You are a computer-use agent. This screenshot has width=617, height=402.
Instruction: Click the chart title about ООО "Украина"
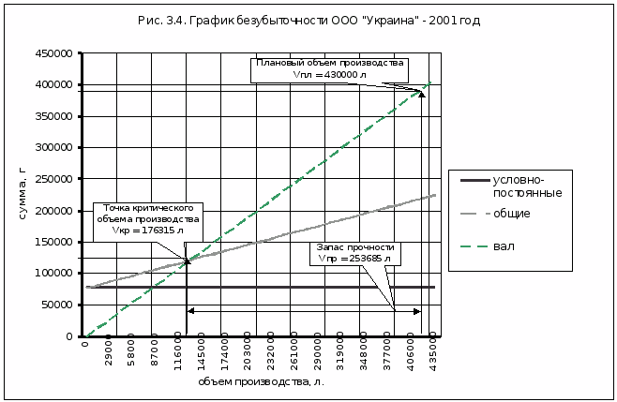(308, 20)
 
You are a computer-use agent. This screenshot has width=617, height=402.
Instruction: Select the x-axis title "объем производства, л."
(262, 381)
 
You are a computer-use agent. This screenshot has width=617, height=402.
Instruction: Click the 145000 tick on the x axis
(200, 354)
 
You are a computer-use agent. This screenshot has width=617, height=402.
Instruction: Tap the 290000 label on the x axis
(317, 354)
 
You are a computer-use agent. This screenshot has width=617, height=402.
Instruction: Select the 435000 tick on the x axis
(433, 354)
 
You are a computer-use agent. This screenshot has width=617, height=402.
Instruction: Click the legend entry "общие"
(512, 214)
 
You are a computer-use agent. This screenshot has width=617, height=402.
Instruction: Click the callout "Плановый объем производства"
(329, 68)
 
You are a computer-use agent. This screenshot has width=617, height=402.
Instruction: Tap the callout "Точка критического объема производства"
(147, 217)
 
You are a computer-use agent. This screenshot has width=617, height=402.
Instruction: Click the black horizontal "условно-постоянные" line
(281, 287)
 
